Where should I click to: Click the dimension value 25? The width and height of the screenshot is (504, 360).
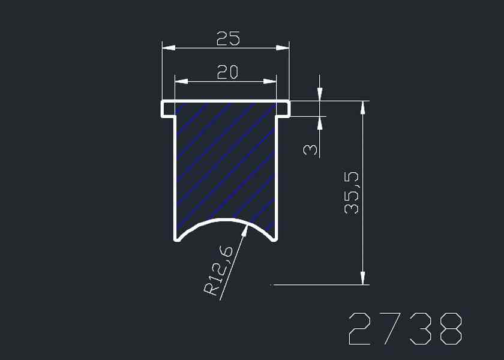(228, 38)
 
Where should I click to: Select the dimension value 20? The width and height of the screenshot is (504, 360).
(227, 73)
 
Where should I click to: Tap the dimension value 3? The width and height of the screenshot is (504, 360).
(310, 150)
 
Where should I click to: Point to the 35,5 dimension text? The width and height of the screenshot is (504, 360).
(351, 193)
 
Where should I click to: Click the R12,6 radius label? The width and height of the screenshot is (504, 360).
(218, 271)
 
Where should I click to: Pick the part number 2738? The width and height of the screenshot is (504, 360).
(406, 329)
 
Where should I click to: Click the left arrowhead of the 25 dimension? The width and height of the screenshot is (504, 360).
(169, 48)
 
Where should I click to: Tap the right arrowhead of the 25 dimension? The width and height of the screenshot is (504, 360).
(283, 48)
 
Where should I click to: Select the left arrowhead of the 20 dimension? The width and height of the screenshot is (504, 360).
(182, 82)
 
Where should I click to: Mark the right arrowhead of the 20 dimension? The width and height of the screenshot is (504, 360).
(269, 82)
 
